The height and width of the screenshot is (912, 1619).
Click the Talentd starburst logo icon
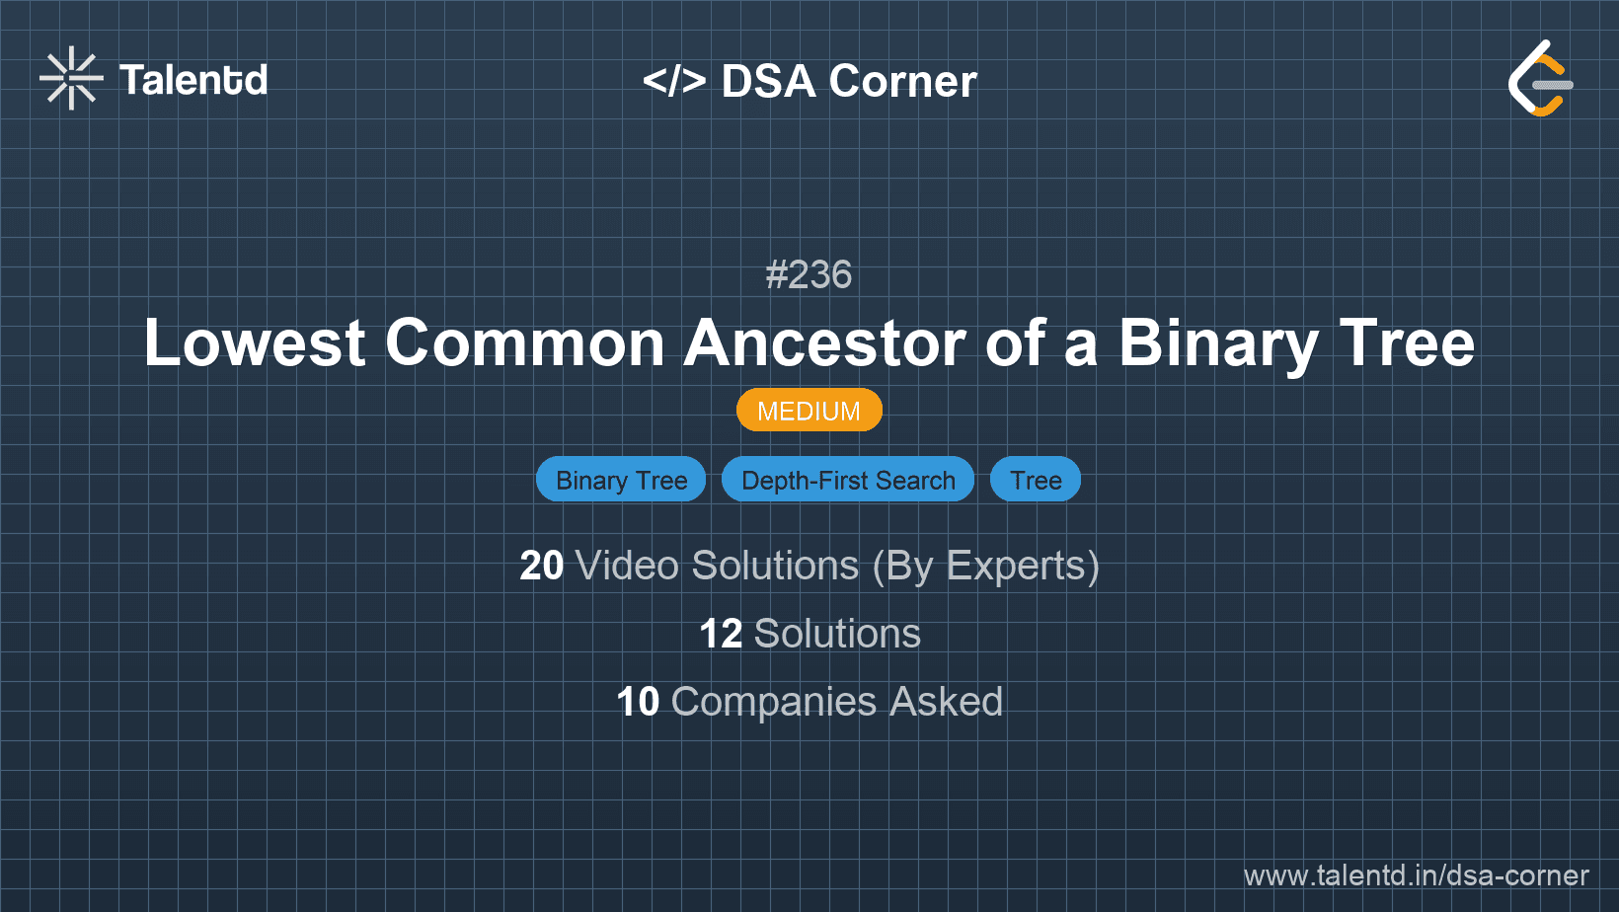click(x=71, y=79)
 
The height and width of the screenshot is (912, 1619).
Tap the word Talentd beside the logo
click(x=193, y=80)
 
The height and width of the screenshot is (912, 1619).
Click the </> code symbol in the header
click(x=674, y=81)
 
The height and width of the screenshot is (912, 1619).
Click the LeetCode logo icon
click(x=1540, y=79)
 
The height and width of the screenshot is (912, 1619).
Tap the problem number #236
click(x=809, y=274)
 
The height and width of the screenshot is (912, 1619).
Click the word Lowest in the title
click(x=255, y=343)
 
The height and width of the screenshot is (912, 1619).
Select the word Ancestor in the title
click(x=823, y=343)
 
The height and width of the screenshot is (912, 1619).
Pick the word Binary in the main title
click(x=1217, y=343)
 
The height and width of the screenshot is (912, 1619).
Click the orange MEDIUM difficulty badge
click(x=809, y=411)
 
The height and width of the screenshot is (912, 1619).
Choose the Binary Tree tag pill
click(x=621, y=480)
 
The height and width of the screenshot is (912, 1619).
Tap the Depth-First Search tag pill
click(x=848, y=480)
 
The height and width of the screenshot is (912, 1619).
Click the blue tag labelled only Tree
click(x=1036, y=480)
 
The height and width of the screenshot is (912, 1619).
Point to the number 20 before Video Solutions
click(x=541, y=567)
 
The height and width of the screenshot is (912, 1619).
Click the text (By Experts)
click(x=985, y=567)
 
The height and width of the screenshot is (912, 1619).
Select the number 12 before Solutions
click(x=720, y=635)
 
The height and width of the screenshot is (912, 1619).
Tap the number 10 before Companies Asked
click(x=637, y=703)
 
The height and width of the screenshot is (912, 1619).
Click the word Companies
click(x=774, y=703)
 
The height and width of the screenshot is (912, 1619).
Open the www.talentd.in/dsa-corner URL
click(x=1416, y=875)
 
